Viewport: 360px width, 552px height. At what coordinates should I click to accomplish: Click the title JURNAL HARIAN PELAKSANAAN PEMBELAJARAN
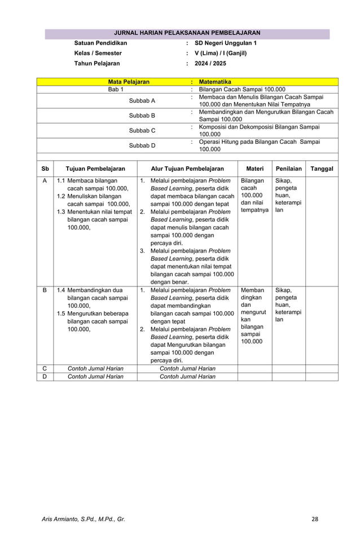(x=187, y=33)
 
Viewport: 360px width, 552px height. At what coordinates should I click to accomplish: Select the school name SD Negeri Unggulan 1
(x=225, y=43)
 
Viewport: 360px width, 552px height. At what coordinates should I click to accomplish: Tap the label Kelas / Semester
(x=98, y=54)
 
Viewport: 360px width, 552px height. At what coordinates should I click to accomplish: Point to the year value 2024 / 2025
(x=210, y=64)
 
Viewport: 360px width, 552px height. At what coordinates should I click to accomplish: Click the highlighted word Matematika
(x=215, y=82)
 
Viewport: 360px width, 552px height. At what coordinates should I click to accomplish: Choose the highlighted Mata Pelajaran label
(x=129, y=82)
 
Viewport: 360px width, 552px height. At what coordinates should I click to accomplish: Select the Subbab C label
(x=142, y=130)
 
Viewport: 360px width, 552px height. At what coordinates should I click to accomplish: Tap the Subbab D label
(x=142, y=145)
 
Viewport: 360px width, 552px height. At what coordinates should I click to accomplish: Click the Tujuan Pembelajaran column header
(x=95, y=169)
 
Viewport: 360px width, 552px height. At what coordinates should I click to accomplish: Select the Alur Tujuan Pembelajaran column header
(x=187, y=169)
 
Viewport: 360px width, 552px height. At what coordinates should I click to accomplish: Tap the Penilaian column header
(x=288, y=169)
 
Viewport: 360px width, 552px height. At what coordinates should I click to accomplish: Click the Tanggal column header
(x=322, y=169)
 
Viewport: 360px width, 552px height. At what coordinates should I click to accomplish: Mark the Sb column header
(x=45, y=169)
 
